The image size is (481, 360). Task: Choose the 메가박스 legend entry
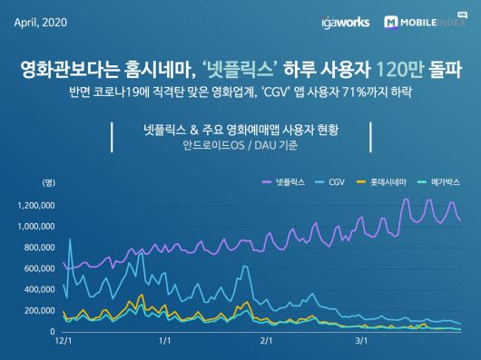coord(437,182)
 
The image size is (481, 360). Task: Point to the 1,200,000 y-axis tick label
coord(37,204)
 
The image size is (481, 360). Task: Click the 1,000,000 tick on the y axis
coord(37,226)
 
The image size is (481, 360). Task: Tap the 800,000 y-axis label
coord(41,247)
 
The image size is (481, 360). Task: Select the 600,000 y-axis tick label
coord(41,268)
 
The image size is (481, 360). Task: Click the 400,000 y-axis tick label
coord(41,289)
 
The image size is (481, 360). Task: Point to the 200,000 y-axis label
coord(41,311)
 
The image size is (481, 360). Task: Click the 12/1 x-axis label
coord(64,342)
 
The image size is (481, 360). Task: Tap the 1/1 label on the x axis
coord(165,342)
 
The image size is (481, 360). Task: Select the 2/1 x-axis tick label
coord(266,342)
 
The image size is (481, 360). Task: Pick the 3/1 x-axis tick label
coord(360,342)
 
